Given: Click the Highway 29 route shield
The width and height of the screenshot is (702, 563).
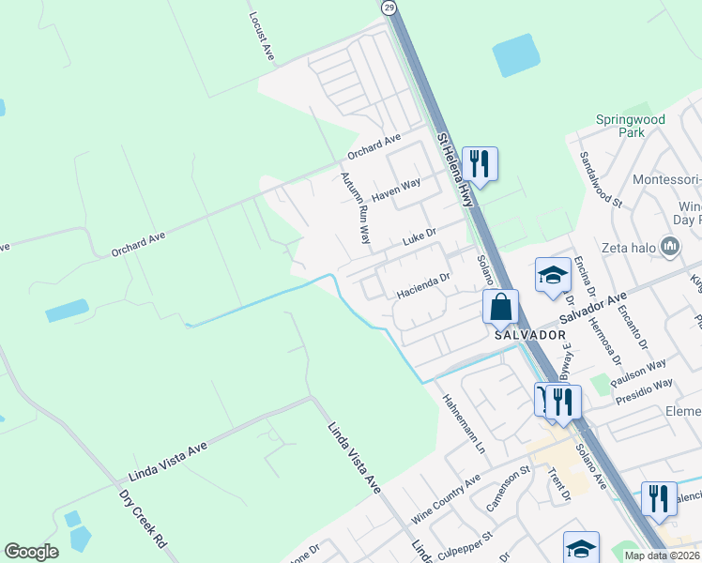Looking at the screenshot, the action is click(x=389, y=7).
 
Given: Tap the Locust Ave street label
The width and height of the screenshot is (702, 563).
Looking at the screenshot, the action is click(x=260, y=37).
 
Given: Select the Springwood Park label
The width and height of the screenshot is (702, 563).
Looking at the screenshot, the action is click(x=631, y=126).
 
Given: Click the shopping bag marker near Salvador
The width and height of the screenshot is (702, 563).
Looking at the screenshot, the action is click(x=500, y=307).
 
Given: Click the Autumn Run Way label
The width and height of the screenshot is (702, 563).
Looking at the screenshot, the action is click(x=354, y=207).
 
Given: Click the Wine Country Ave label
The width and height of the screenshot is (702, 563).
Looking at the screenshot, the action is click(x=446, y=502).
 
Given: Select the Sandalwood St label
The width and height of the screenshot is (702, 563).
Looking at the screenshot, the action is click(x=601, y=178).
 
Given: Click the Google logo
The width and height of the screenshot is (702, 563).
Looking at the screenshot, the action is click(x=31, y=552).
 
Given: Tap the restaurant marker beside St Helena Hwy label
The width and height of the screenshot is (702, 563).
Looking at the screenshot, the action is click(x=480, y=164).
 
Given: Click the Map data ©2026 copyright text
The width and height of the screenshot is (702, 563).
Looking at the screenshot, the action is click(x=662, y=555).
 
